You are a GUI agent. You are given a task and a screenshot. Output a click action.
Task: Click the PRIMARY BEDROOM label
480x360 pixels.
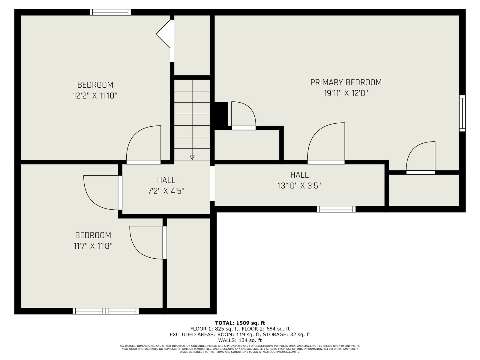(x=346, y=82)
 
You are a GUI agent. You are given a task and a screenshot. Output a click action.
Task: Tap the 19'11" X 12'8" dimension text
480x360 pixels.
(x=346, y=93)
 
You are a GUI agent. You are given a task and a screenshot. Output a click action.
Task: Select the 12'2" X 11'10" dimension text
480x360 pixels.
(x=95, y=95)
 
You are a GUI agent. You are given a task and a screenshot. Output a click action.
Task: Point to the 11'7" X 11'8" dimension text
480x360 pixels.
(x=93, y=246)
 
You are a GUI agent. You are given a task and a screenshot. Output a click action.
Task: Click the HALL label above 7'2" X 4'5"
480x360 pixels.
(x=166, y=180)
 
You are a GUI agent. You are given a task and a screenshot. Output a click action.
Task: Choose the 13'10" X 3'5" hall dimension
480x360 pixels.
(x=299, y=186)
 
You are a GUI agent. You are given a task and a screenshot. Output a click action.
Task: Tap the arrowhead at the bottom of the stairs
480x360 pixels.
(x=192, y=157)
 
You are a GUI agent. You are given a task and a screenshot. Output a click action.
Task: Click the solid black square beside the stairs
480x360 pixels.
(x=221, y=114)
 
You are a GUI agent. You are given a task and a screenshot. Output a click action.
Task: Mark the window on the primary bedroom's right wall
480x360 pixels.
(x=462, y=113)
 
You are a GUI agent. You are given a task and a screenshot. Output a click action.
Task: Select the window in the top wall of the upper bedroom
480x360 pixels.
(x=110, y=12)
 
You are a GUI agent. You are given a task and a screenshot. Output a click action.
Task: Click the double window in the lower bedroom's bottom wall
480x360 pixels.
(x=106, y=311)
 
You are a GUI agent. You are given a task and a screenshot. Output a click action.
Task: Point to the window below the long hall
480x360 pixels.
(x=336, y=209)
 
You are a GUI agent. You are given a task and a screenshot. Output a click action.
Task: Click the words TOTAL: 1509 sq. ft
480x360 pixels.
(x=240, y=323)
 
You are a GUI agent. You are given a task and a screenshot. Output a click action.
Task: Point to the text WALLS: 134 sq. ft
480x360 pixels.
(x=240, y=340)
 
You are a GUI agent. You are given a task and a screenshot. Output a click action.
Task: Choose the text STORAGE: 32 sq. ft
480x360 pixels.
(x=286, y=334)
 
